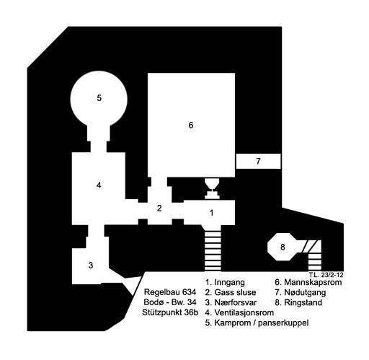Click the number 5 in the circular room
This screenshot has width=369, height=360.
(99, 98)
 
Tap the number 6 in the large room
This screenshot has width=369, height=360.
(191, 125)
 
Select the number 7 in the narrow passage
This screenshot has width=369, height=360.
(258, 161)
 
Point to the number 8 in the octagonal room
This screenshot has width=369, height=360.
(283, 247)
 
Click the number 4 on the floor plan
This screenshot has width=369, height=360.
(99, 185)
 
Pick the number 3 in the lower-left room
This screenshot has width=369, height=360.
(91, 265)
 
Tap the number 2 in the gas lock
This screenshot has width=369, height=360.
(159, 208)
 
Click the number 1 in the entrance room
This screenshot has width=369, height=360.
(211, 213)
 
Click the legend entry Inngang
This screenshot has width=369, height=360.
(229, 282)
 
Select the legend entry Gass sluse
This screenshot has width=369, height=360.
(235, 292)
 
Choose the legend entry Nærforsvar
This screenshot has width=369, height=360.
(236, 302)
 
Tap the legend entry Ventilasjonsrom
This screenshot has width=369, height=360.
(244, 312)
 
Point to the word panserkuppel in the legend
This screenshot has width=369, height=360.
(283, 323)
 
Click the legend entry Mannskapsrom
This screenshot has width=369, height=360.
(313, 282)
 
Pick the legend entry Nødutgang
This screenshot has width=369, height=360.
(305, 293)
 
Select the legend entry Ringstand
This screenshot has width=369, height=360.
(303, 302)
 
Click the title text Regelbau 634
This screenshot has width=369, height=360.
(170, 292)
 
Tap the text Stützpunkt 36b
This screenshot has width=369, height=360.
(170, 312)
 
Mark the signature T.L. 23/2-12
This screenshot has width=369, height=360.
(326, 275)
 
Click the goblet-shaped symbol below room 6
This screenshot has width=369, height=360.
(212, 189)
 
